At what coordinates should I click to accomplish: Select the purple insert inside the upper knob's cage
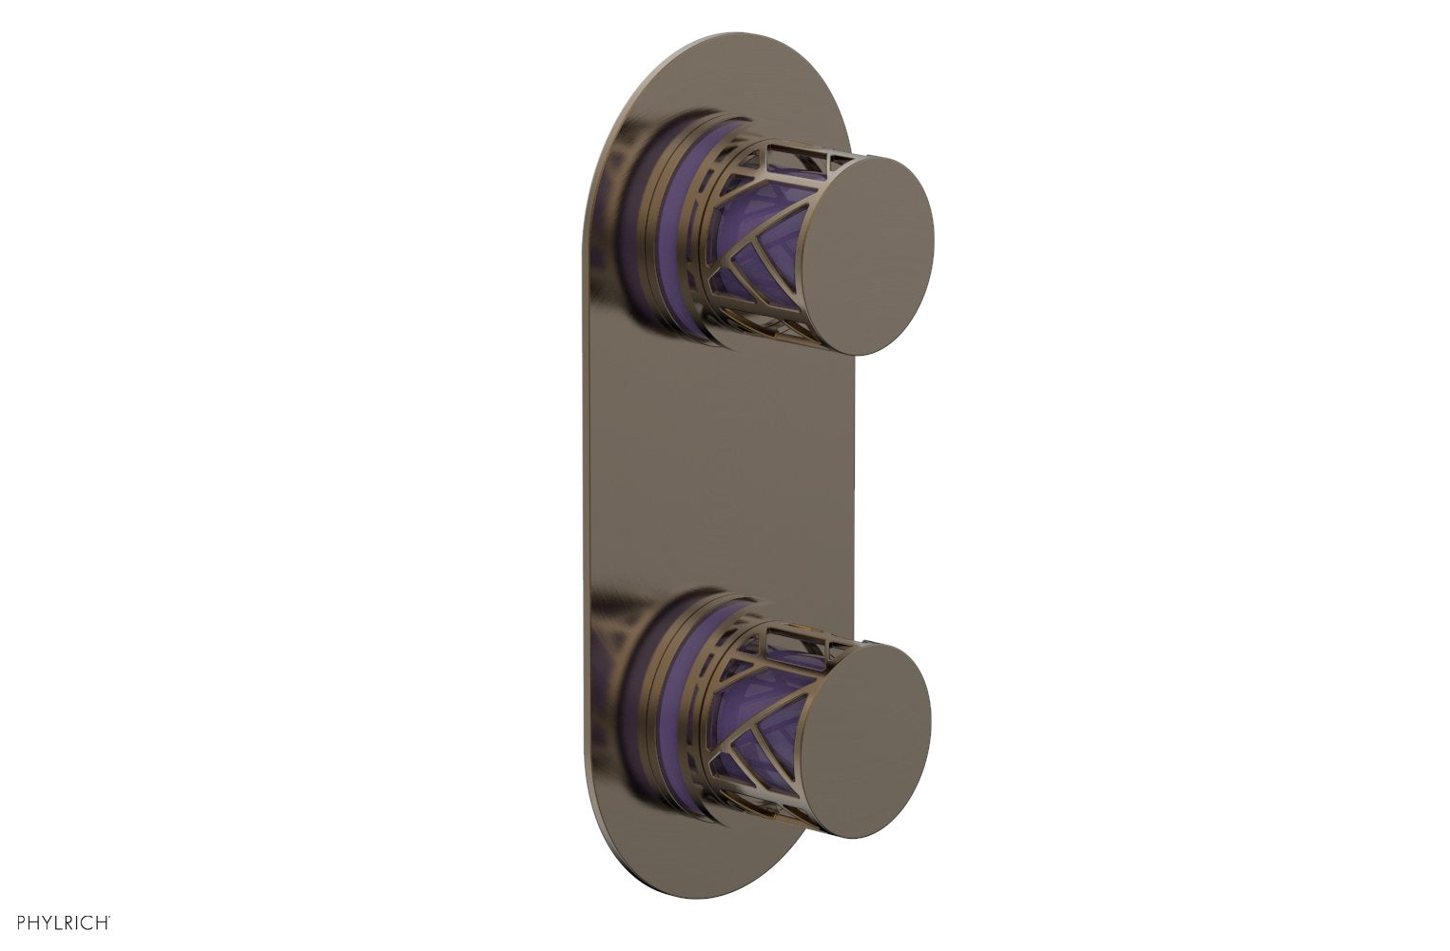pyautogui.click(x=751, y=238)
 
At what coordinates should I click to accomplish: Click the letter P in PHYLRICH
pyautogui.click(x=22, y=922)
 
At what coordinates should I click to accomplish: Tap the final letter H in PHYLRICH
pyautogui.click(x=104, y=922)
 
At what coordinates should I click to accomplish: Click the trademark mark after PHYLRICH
pyautogui.click(x=112, y=917)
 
